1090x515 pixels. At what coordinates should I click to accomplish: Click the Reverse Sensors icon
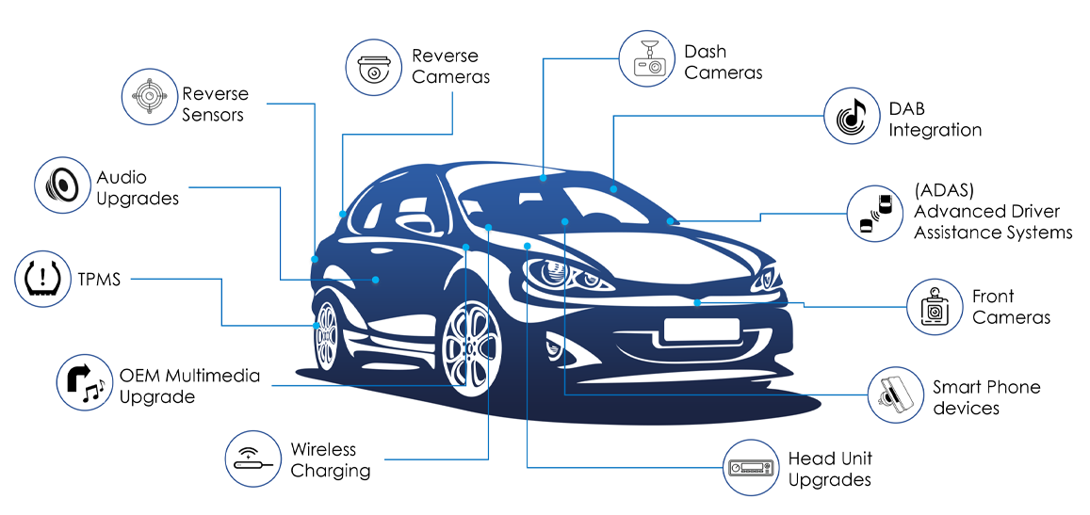pyautogui.click(x=150, y=96)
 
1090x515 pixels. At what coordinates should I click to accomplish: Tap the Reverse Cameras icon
pyautogui.click(x=374, y=66)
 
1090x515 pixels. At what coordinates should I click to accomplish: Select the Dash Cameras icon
pyautogui.click(x=648, y=58)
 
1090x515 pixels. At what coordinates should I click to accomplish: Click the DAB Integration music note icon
pyautogui.click(x=853, y=116)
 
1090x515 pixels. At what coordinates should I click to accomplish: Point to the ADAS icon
pyautogui.click(x=876, y=214)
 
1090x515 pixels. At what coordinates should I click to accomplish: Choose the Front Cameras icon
pyautogui.click(x=935, y=307)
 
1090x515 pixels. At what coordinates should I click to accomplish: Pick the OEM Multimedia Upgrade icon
pyautogui.click(x=86, y=382)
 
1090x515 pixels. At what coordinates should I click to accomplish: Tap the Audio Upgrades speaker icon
pyautogui.click(x=63, y=185)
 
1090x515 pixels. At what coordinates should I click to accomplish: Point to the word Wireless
pyautogui.click(x=323, y=449)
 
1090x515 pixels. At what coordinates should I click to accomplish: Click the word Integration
pyautogui.click(x=935, y=130)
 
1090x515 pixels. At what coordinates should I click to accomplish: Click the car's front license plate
pyautogui.click(x=701, y=330)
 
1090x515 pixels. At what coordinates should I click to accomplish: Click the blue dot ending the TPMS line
pyautogui.click(x=317, y=325)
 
